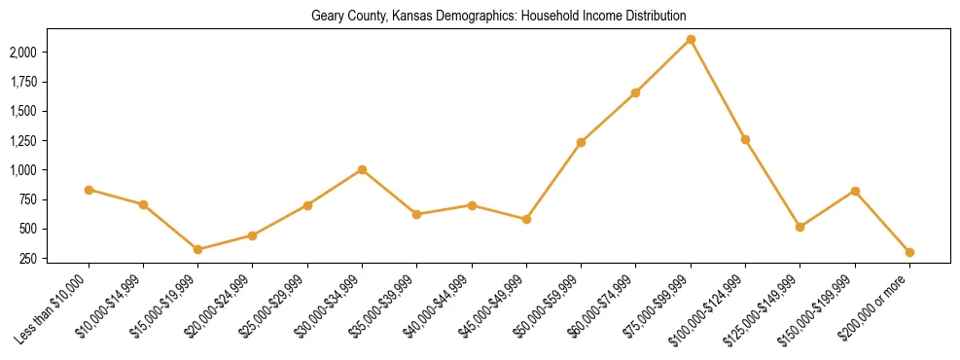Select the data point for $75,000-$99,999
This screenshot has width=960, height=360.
[691, 39]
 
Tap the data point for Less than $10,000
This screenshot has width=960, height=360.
[89, 190]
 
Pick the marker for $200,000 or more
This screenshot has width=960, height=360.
[909, 252]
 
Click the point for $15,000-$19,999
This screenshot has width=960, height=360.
[197, 249]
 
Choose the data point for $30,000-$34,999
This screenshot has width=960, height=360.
[362, 169]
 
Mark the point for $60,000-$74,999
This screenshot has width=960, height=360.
[635, 92]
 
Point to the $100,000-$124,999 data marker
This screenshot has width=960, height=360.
[745, 139]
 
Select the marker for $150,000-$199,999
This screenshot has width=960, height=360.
[855, 191]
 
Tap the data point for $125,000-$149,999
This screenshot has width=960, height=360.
[800, 227]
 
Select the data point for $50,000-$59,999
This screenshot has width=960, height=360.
[581, 142]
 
